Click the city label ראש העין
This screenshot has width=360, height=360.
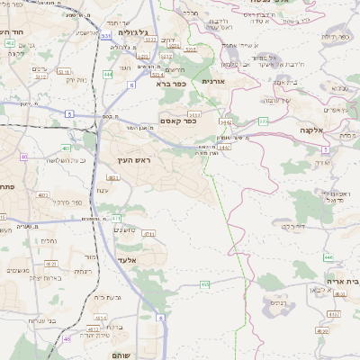131,160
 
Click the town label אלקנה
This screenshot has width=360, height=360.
311,130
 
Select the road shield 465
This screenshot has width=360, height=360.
205,284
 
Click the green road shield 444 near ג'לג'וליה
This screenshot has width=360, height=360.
107,74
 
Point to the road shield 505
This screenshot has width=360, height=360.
264,121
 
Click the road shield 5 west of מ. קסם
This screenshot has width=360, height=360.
69,113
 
